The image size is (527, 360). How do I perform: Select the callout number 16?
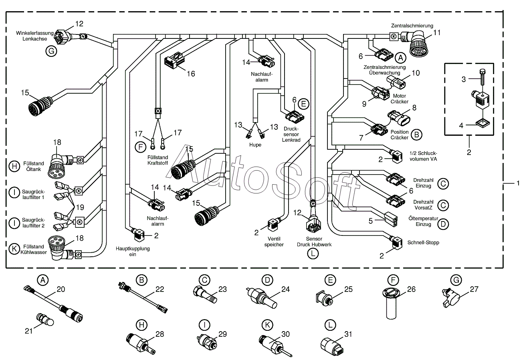pos(190,74)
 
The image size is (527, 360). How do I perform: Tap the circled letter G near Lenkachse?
pos(51,51)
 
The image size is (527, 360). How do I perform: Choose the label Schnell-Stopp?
pos(423,243)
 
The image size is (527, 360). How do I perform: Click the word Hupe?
pos(255,145)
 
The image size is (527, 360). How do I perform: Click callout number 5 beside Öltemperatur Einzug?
pos(371,220)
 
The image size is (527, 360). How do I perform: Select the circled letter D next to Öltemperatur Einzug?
pos(443,223)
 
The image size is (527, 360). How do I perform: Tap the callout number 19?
pos(80,207)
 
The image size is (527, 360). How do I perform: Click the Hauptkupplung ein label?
pos(133,251)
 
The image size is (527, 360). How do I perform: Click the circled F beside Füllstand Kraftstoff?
pos(140,147)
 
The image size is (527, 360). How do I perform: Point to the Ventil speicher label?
pos(274,241)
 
